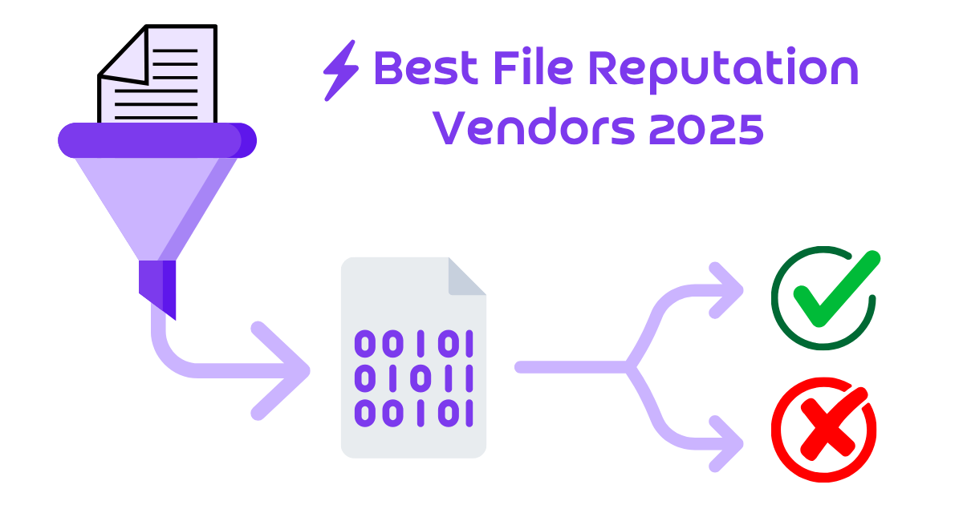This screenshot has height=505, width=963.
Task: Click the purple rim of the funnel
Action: (156, 140)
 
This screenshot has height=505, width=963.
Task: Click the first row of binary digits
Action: (414, 343)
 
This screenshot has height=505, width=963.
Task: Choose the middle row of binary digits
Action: (414, 378)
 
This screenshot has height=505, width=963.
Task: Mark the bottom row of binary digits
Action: (414, 412)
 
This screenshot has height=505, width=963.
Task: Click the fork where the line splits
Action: (630, 367)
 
